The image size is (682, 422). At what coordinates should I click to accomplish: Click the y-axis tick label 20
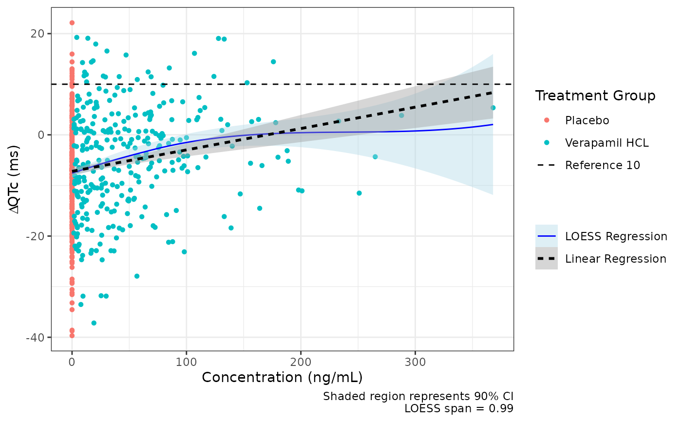pyautogui.click(x=38, y=34)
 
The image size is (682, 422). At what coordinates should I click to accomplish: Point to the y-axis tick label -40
pyautogui.click(x=36, y=337)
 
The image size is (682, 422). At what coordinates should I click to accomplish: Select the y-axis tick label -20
pyautogui.click(x=36, y=236)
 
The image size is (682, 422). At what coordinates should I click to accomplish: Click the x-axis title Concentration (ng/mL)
pyautogui.click(x=282, y=378)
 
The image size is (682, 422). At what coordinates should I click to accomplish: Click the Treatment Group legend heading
pyautogui.click(x=595, y=96)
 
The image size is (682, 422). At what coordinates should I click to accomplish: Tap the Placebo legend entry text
pyautogui.click(x=587, y=120)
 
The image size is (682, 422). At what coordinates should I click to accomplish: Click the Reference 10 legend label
pyautogui.click(x=603, y=165)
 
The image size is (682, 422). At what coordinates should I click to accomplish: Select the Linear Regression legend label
pyautogui.click(x=616, y=259)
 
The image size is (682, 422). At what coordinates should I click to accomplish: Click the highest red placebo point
pyautogui.click(x=72, y=23)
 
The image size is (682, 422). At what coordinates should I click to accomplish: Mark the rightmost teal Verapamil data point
pyautogui.click(x=493, y=108)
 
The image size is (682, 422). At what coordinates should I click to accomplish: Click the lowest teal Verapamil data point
pyautogui.click(x=94, y=323)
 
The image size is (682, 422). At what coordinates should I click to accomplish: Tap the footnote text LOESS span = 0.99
pyautogui.click(x=459, y=408)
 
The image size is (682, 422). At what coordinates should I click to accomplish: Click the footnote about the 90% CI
pyautogui.click(x=418, y=397)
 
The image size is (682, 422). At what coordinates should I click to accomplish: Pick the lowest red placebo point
pyautogui.click(x=72, y=335)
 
